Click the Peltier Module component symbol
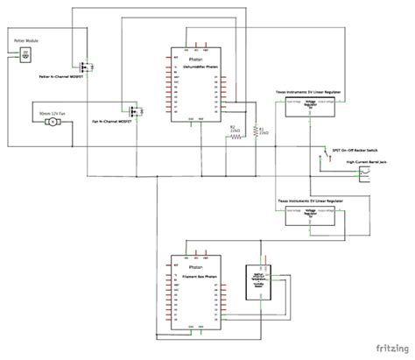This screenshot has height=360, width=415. click(x=25, y=53)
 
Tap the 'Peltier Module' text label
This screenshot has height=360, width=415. click(x=25, y=41)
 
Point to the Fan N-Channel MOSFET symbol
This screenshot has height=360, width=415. click(x=135, y=111)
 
